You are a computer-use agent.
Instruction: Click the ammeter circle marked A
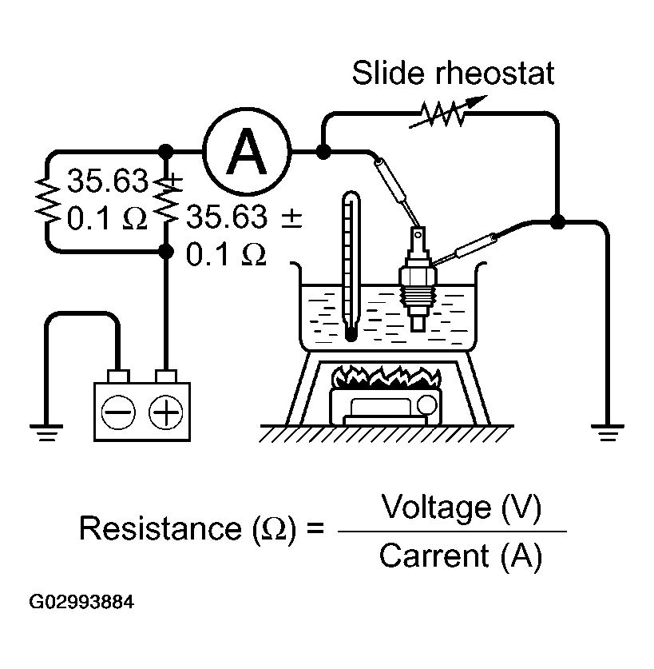[248, 151]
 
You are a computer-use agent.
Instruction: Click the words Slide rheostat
[453, 74]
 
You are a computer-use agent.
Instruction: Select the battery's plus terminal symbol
[166, 412]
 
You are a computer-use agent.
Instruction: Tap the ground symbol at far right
[609, 432]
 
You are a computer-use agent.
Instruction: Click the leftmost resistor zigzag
[45, 201]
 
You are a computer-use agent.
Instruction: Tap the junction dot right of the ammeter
[322, 151]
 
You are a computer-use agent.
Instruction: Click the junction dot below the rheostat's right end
[557, 221]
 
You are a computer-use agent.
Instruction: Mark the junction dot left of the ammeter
[166, 151]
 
